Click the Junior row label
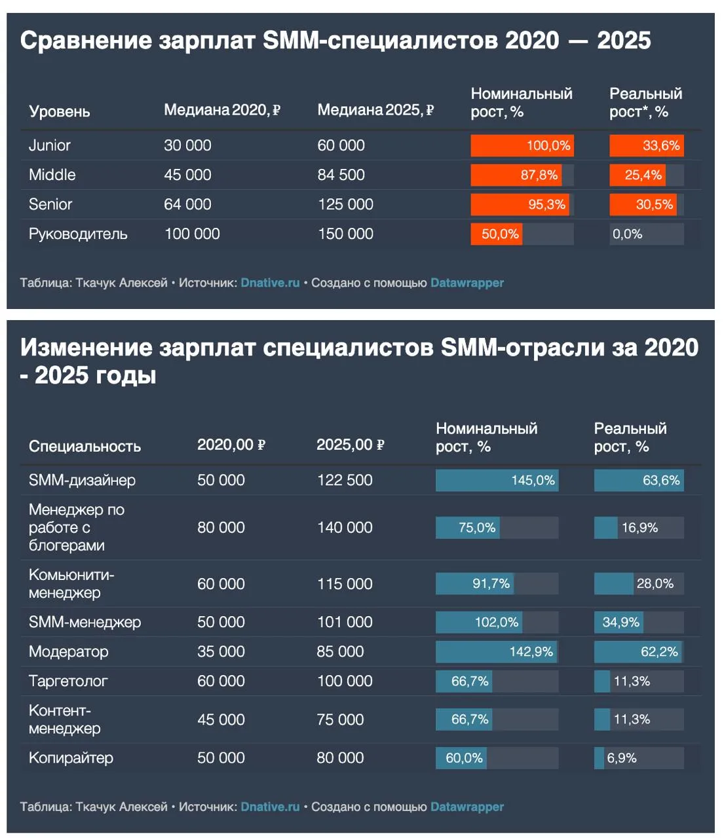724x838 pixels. click(x=50, y=145)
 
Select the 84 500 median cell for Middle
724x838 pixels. click(x=341, y=175)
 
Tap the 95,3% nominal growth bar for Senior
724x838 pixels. click(x=520, y=204)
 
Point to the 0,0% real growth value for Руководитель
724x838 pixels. click(x=627, y=234)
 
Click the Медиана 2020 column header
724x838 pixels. click(x=222, y=110)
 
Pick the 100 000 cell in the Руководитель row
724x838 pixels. click(x=192, y=234)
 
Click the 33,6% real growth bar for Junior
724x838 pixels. click(x=647, y=145)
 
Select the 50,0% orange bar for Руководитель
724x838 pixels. click(x=497, y=234)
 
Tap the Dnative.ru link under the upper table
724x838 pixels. click(x=271, y=283)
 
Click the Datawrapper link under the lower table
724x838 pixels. click(x=467, y=807)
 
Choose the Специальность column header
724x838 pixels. click(x=85, y=446)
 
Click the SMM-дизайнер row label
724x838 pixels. click(x=82, y=481)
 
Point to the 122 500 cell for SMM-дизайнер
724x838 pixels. click(x=345, y=481)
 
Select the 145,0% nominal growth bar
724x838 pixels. click(x=497, y=481)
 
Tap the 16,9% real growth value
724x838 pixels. click(x=639, y=528)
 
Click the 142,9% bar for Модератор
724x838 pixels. click(x=497, y=652)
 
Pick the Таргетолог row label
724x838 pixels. click(x=68, y=681)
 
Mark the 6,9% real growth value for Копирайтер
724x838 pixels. click(x=622, y=757)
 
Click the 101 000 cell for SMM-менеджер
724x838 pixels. click(x=345, y=623)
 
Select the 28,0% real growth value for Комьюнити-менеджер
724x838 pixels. click(x=655, y=584)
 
